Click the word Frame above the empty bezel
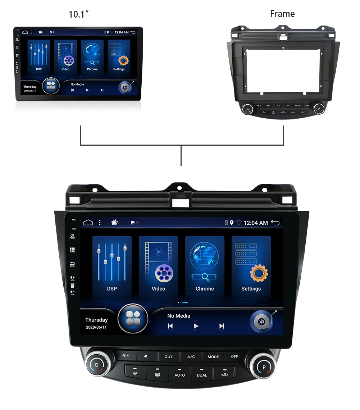click(x=282, y=14)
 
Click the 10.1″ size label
click(x=79, y=15)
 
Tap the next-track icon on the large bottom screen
click(x=222, y=326)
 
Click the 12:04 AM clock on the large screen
click(x=256, y=223)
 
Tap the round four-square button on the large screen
click(x=133, y=319)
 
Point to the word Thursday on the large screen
click(x=96, y=320)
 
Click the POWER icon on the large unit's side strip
click(x=72, y=236)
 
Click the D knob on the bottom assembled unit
click(x=97, y=365)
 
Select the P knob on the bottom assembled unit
click(x=264, y=367)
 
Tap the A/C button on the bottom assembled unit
click(x=191, y=356)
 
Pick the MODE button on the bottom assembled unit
click(x=213, y=356)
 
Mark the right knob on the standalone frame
click(x=318, y=109)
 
